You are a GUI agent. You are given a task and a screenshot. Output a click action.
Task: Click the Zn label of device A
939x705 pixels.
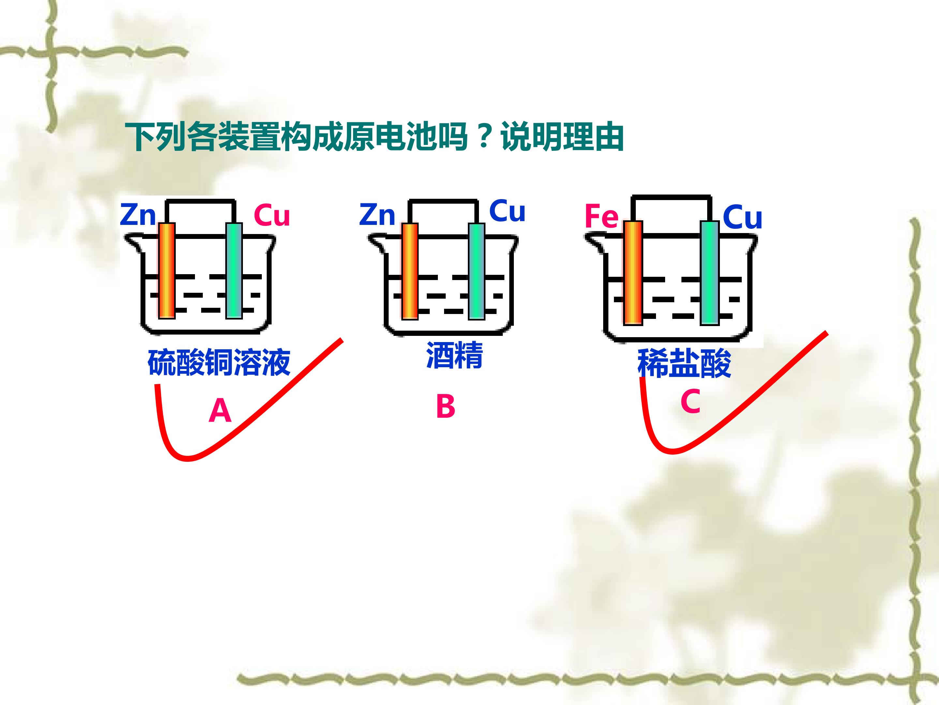point(138,215)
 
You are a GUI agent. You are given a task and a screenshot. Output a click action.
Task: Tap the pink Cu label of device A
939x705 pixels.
point(272,215)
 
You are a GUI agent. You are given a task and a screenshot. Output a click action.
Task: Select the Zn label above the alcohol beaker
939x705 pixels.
point(377,215)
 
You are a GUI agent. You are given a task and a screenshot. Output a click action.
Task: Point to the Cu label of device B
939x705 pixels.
point(507,211)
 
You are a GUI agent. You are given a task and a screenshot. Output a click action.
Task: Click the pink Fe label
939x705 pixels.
point(602,217)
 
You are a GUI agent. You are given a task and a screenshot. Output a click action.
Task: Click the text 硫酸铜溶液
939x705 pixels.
point(219,363)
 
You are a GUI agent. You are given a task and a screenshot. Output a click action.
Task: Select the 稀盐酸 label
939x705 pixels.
point(684,363)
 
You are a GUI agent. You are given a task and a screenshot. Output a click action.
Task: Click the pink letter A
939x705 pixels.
point(220,411)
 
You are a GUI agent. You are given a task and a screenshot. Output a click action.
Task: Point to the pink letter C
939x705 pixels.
point(690,401)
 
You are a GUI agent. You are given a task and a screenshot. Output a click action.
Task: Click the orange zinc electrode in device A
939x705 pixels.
point(167,271)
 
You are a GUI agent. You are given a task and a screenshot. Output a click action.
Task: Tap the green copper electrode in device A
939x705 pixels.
point(234,271)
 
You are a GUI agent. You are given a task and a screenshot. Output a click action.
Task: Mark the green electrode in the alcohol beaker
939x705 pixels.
point(477,272)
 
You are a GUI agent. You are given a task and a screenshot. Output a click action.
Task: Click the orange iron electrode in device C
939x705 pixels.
point(633,273)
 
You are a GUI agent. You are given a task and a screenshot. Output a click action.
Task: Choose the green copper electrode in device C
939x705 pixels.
point(710,273)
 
